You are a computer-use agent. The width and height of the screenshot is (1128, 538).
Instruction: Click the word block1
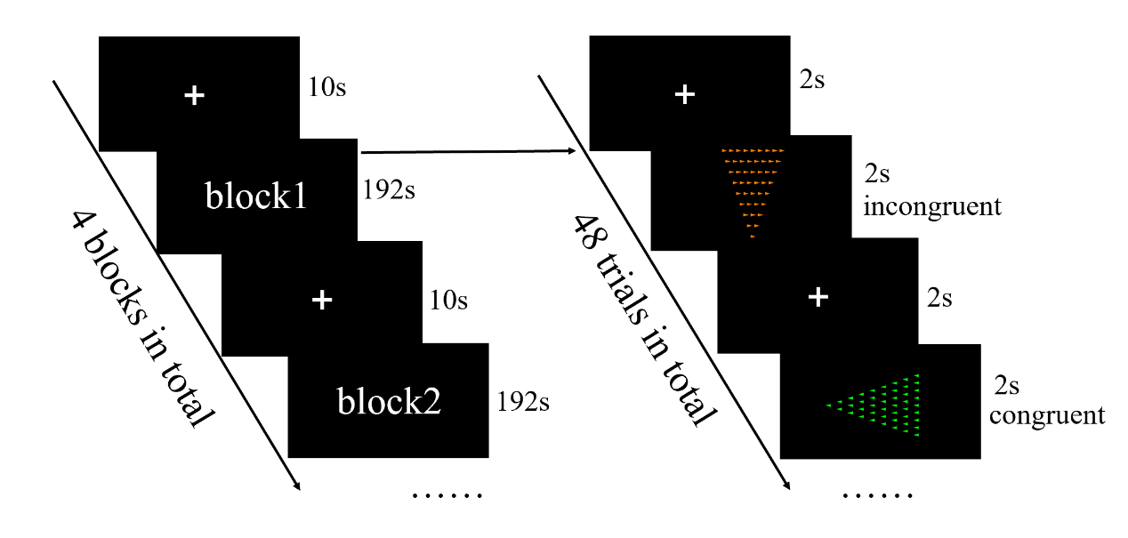pos(256,197)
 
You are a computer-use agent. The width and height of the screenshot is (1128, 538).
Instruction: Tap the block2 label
pos(389,402)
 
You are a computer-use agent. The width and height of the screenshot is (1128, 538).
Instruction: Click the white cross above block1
pos(194,95)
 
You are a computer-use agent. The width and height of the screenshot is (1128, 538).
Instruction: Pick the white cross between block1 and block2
pos(322,301)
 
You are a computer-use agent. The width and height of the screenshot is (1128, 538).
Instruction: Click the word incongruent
pos(931,207)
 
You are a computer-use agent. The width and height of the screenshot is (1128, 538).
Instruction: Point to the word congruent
pos(1046,415)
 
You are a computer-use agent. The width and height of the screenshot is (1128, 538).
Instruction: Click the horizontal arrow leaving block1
pos(466,151)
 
